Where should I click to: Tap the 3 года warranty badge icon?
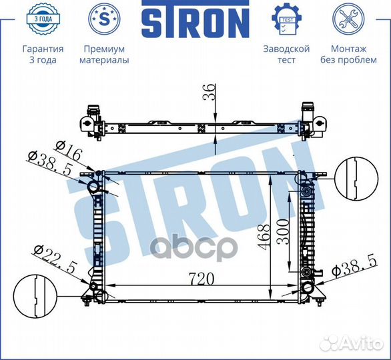(43, 19)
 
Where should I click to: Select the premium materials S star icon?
(105, 19)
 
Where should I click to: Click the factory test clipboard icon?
(286, 19)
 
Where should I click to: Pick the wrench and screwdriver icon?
(348, 19)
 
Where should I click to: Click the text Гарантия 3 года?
(43, 55)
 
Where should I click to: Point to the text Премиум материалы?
(105, 55)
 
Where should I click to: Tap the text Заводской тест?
(286, 55)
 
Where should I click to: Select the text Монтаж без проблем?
(348, 55)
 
